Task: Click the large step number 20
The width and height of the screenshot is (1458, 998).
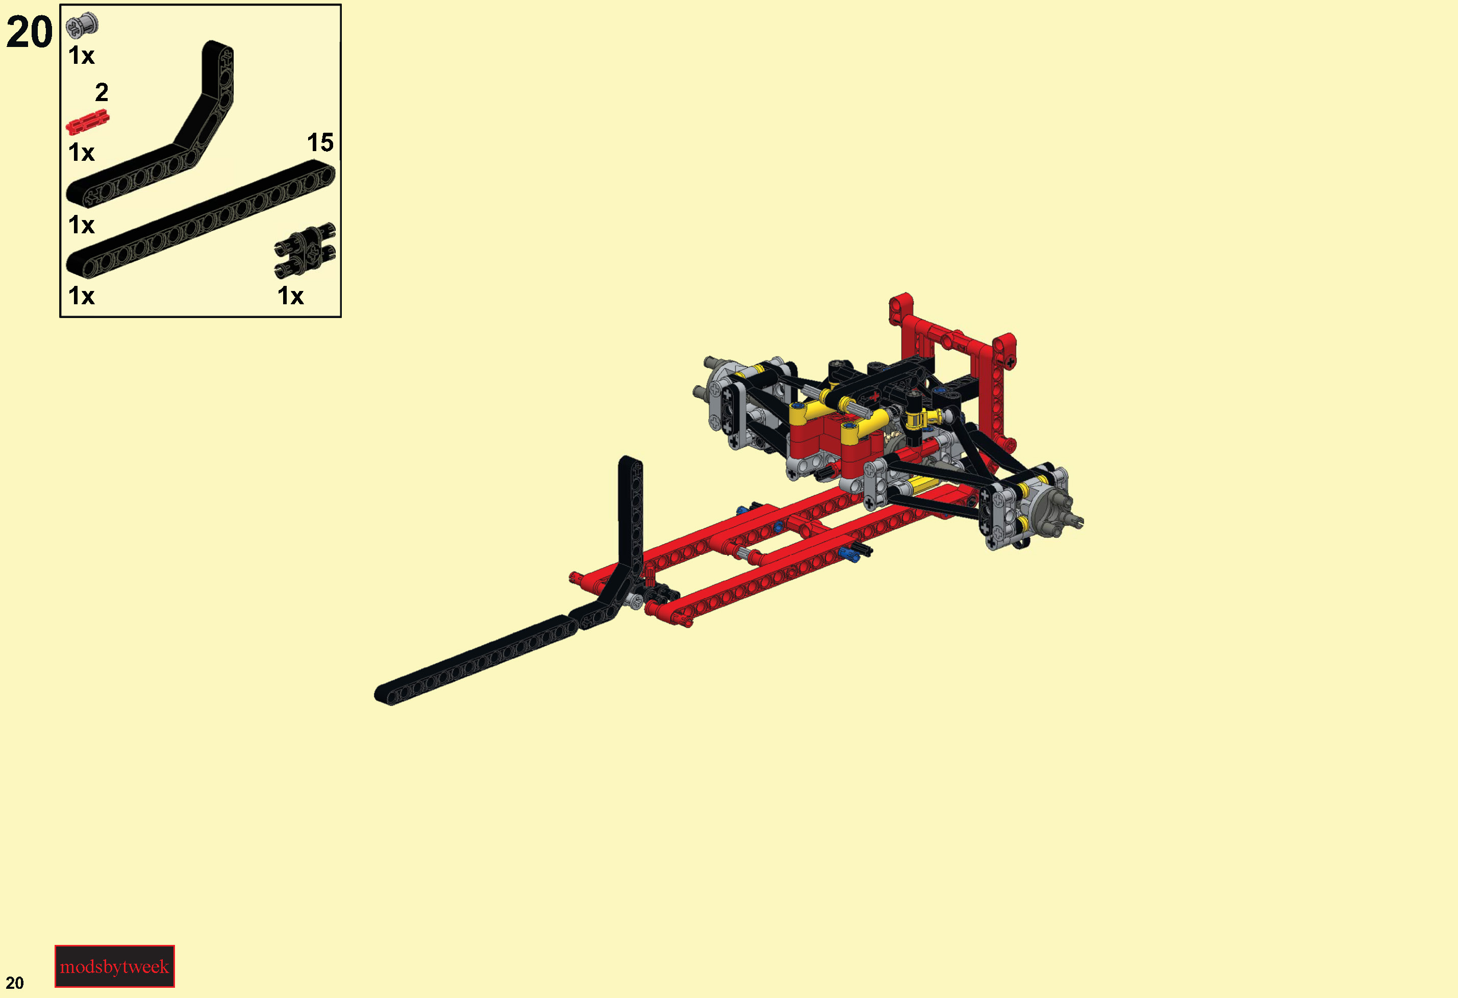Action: (x=29, y=32)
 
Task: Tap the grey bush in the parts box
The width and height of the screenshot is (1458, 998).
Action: (x=82, y=25)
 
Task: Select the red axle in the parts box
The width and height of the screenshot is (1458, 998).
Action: (x=87, y=122)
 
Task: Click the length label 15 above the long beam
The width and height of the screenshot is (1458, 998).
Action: (x=320, y=142)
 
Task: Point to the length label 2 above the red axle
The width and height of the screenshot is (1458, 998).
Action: (x=102, y=92)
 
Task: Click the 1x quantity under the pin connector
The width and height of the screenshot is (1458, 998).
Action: (x=290, y=296)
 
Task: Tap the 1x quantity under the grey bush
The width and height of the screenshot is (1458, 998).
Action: (x=82, y=55)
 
